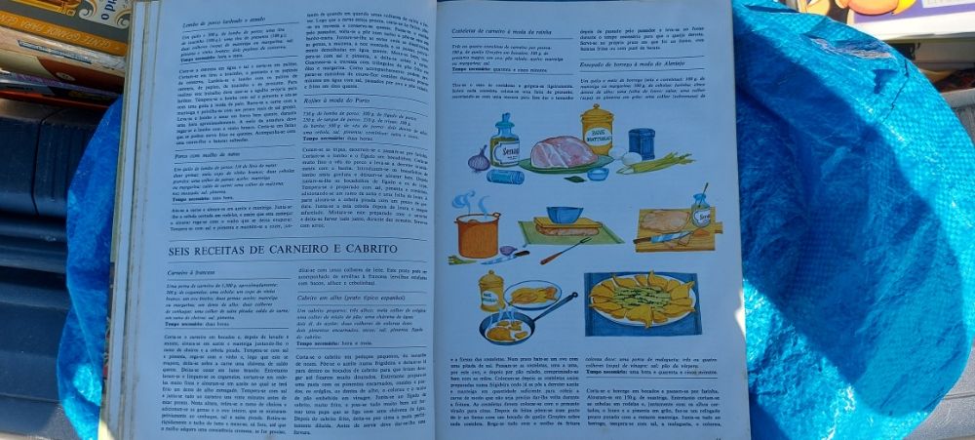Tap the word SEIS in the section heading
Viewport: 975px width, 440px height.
pyautogui.click(x=172, y=251)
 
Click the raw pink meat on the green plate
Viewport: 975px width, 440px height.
pyautogui.click(x=563, y=151)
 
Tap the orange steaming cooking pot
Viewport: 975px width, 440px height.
pyautogui.click(x=478, y=235)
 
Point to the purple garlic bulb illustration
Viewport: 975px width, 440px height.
pyautogui.click(x=479, y=159)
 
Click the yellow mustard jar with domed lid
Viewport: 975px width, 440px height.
pyautogui.click(x=596, y=126)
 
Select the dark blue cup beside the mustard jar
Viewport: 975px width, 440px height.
pyautogui.click(x=642, y=142)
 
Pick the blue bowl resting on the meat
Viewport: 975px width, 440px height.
pyautogui.click(x=565, y=214)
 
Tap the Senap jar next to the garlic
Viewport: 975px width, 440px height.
pyautogui.click(x=505, y=142)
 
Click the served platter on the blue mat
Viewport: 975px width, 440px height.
pyautogui.click(x=643, y=300)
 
